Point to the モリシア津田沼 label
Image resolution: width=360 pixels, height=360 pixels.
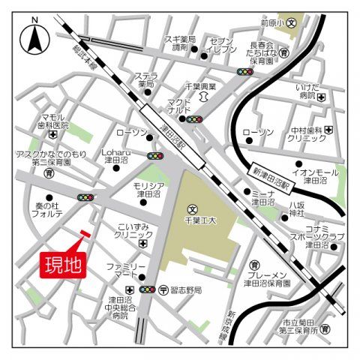149,189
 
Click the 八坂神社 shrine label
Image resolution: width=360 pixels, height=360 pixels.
299,208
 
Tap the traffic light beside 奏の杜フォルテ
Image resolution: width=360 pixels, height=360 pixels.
85,198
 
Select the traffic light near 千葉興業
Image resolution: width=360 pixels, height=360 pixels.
245,73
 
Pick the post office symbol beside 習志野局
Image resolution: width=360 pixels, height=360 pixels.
163,289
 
